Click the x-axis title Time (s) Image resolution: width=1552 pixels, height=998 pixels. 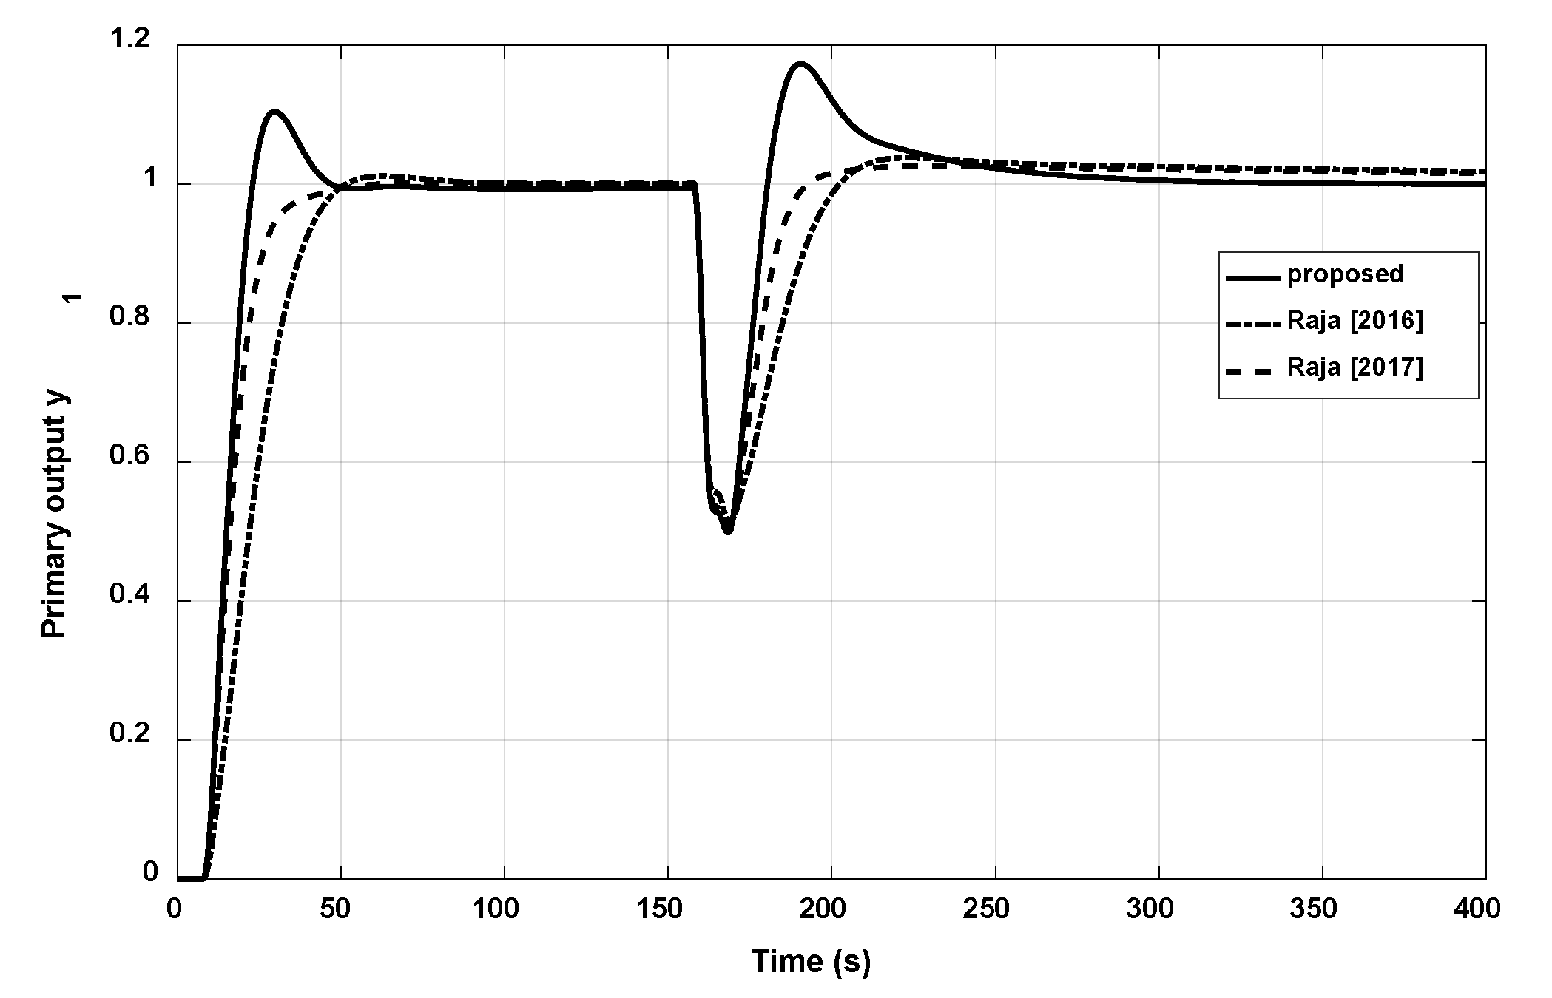point(811,962)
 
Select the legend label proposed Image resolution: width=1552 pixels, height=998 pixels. point(1345,274)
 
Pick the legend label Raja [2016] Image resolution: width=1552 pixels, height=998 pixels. point(1354,321)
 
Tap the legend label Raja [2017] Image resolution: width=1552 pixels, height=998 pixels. point(1354,367)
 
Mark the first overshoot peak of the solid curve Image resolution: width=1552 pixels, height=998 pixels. point(274,112)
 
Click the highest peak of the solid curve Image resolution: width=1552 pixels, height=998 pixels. point(800,64)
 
